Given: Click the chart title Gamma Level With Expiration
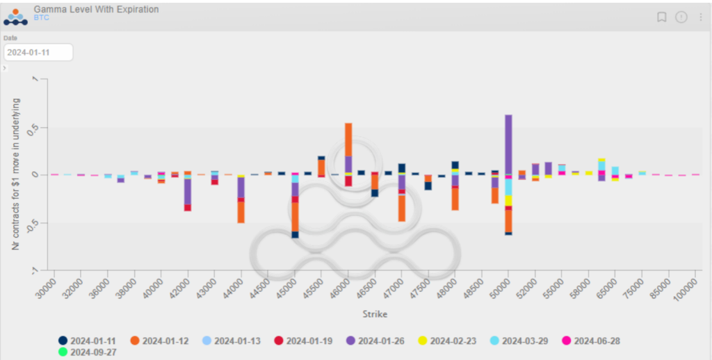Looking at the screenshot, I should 96,10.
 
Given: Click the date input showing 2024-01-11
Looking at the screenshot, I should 38,52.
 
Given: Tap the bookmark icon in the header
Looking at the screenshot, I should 661,17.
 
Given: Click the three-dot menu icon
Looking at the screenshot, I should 700,17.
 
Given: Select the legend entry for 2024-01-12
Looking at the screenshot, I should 164,341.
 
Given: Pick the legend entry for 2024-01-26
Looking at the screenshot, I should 380,341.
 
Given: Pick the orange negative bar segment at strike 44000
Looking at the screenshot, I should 241,212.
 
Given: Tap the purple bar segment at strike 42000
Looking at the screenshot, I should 188,191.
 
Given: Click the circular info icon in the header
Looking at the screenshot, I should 681,17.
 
